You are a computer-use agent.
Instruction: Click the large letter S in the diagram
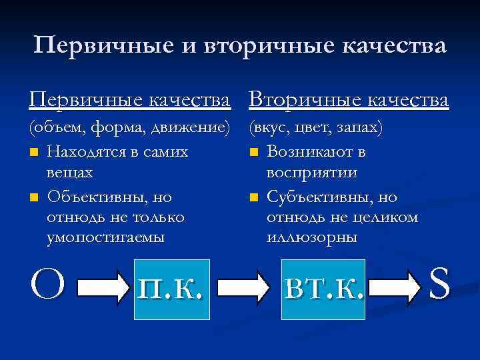(x=440, y=284)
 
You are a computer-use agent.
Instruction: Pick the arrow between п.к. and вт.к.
(x=244, y=287)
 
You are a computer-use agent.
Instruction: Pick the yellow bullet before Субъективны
(x=253, y=197)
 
